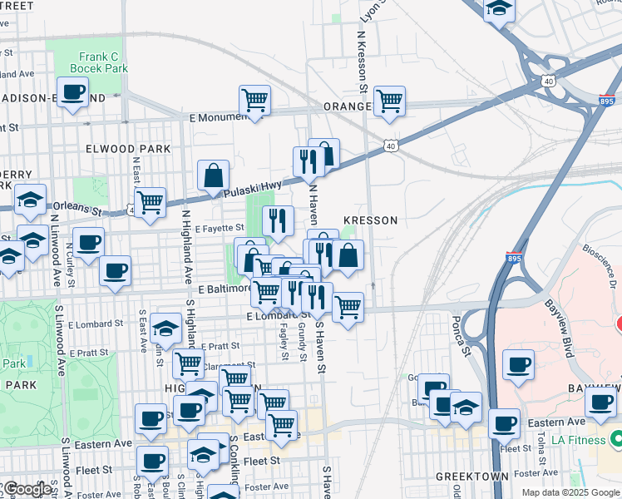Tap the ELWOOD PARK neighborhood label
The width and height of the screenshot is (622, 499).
click(127, 149)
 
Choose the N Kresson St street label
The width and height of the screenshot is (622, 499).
click(363, 63)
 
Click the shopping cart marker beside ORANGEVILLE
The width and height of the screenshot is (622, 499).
click(389, 101)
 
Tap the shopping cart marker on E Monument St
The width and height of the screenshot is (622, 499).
click(254, 100)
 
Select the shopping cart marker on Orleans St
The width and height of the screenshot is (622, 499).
click(151, 202)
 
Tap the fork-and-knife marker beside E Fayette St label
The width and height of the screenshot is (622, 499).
click(278, 220)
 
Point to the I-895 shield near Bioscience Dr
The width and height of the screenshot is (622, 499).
click(513, 259)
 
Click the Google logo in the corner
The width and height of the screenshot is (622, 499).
click(26, 489)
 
